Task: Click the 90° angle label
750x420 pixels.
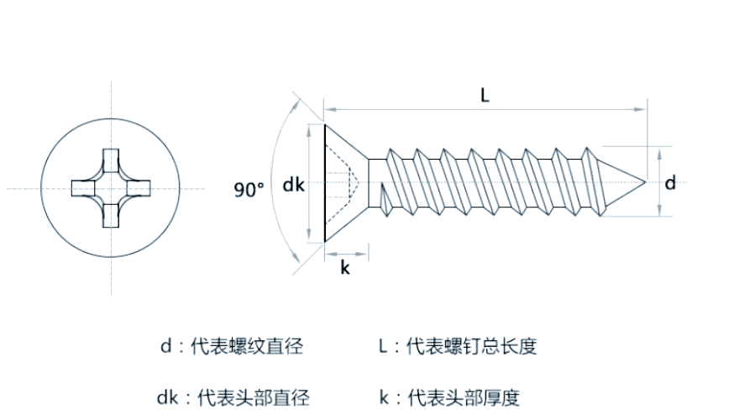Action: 249,190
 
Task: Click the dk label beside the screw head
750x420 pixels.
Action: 293,185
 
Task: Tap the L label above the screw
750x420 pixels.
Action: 485,95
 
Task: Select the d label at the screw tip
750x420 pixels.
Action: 670,183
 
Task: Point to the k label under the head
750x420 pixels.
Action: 344,267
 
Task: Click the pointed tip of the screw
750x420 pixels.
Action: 644,182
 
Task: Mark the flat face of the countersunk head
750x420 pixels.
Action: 325,183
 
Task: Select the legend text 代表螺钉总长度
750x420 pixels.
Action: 471,346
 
